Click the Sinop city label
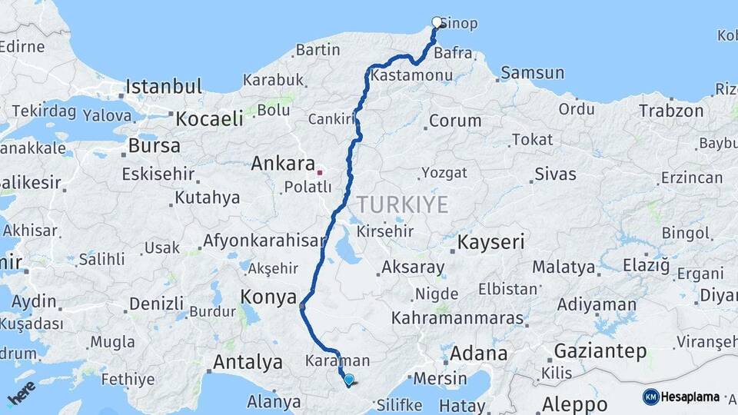point(459,23)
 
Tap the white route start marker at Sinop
point(437,22)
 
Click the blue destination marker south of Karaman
point(349,380)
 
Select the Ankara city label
point(283,164)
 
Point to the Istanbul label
point(164,86)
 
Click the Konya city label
point(268,297)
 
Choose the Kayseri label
point(491,243)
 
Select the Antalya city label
point(248,361)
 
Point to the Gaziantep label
point(600,351)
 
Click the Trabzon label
point(670,111)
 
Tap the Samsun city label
point(532,73)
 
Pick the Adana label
point(478,354)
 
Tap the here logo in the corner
point(21,393)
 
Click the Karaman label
point(337,360)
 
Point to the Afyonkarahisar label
point(264,241)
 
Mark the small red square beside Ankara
point(320,171)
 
